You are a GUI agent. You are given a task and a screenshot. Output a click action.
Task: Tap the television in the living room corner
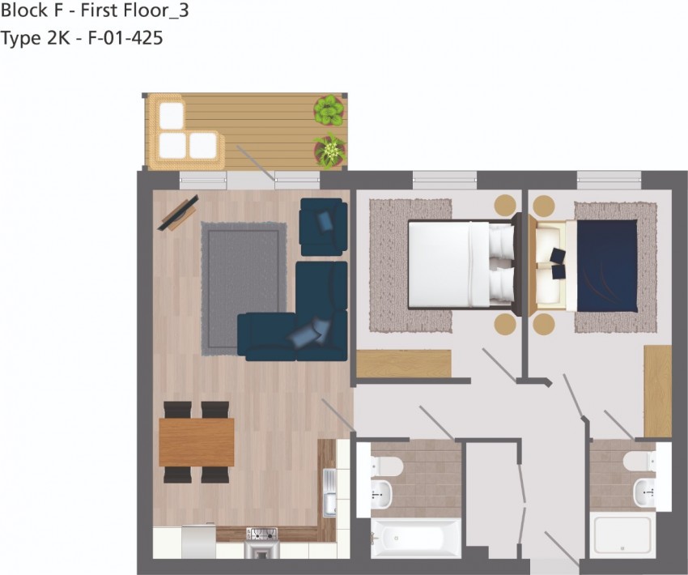click(x=177, y=213)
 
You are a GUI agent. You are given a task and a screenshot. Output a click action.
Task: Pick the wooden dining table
click(x=197, y=442)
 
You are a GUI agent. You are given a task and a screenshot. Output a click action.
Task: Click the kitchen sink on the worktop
click(x=329, y=492)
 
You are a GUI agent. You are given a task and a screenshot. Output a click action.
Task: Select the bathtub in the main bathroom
click(x=415, y=538)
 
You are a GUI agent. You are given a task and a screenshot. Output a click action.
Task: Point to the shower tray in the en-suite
click(x=622, y=535)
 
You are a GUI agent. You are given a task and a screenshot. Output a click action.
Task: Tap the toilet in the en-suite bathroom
click(x=640, y=462)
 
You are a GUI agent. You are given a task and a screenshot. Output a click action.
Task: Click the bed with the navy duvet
click(x=603, y=264)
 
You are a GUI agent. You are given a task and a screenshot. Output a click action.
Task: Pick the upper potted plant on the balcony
click(x=329, y=110)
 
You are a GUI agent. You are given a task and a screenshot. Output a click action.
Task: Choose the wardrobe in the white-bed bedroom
click(x=403, y=363)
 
